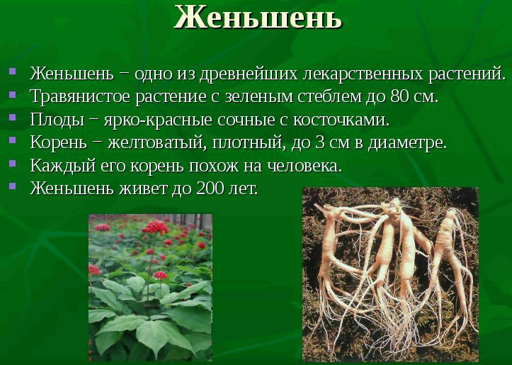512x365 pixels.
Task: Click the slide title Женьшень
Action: [x=258, y=18]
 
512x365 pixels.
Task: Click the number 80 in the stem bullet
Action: [x=399, y=96]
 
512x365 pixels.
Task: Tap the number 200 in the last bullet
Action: [x=207, y=189]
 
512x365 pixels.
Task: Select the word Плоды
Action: [x=57, y=120]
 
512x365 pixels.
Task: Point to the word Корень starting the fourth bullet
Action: [x=59, y=142]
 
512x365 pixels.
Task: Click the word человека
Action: [x=305, y=166]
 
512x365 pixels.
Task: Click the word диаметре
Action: [x=407, y=142]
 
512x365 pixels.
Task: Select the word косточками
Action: [x=341, y=120]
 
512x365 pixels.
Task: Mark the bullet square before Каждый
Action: [x=13, y=163]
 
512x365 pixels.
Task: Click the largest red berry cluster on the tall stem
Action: [x=155, y=227]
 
